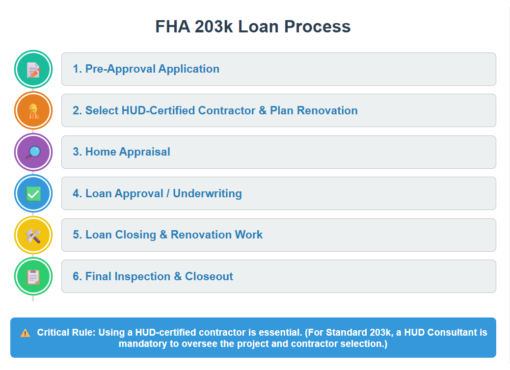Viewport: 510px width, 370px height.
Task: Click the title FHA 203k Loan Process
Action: pyautogui.click(x=253, y=26)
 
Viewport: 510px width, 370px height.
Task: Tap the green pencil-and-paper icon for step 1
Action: pyautogui.click(x=33, y=69)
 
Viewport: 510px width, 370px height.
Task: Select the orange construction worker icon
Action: pyautogui.click(x=33, y=110)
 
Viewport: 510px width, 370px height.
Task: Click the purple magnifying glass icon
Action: pyautogui.click(x=33, y=152)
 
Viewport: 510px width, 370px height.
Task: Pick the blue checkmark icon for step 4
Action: pyautogui.click(x=33, y=193)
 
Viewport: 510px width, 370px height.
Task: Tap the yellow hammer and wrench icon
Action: pyautogui.click(x=33, y=235)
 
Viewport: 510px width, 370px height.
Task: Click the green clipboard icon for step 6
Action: pyautogui.click(x=33, y=276)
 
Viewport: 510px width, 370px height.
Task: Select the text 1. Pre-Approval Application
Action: pyautogui.click(x=146, y=69)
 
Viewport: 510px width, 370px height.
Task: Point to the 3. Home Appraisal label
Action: pyautogui.click(x=121, y=152)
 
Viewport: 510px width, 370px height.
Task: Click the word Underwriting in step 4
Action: pyautogui.click(x=207, y=194)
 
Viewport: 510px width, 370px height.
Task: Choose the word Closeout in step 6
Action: pyautogui.click(x=209, y=277)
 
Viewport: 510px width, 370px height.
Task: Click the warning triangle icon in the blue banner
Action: pyautogui.click(x=25, y=333)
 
